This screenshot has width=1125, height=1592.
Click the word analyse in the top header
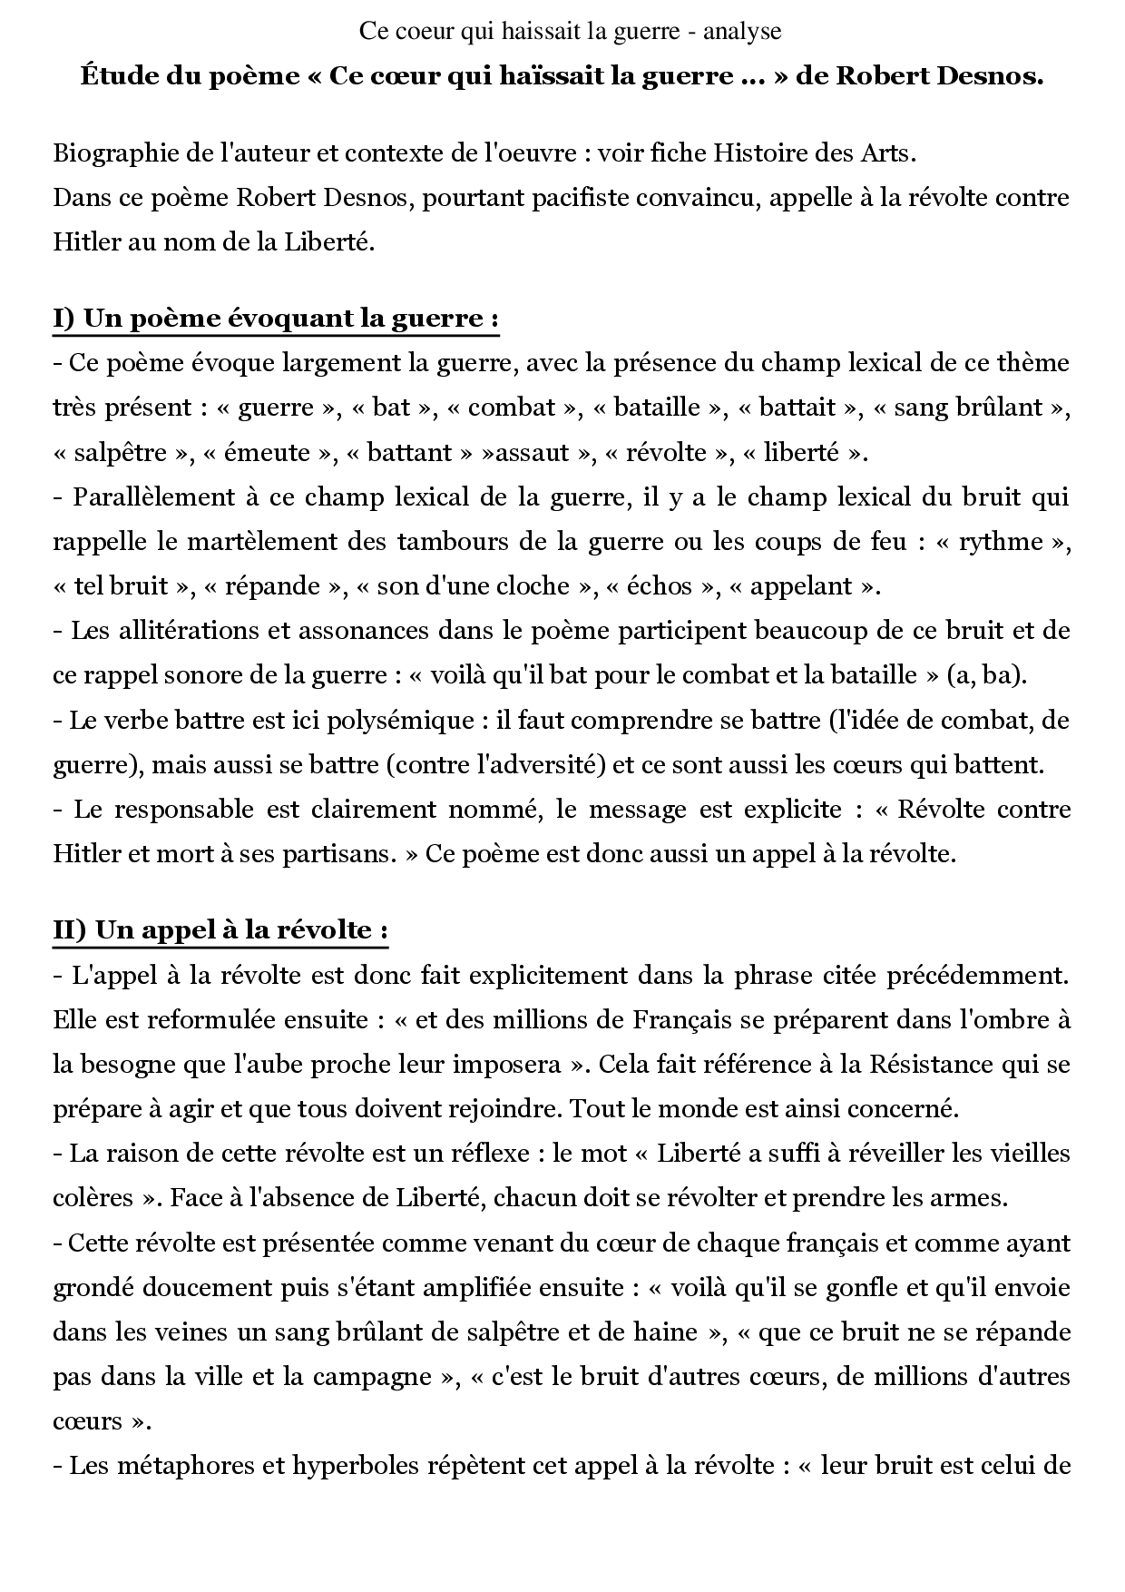(745, 32)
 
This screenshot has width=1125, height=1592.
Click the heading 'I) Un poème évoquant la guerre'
(276, 319)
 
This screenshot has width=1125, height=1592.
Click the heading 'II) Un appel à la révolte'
(220, 930)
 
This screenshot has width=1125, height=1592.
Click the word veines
(181, 1332)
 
